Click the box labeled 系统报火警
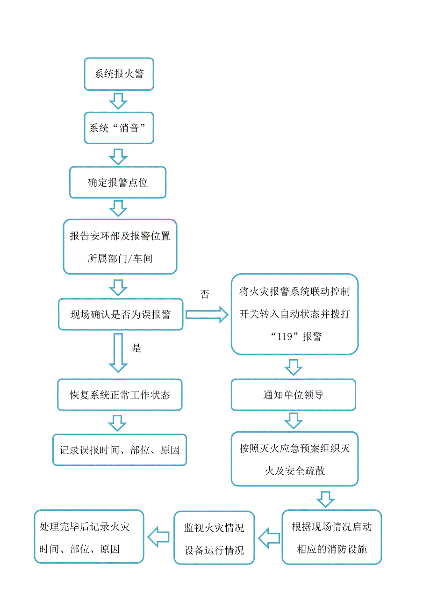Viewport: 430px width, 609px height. click(x=119, y=74)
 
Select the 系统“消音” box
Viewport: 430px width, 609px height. click(x=119, y=128)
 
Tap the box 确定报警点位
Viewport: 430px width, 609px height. click(x=118, y=182)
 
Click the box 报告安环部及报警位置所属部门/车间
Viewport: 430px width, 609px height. click(x=120, y=246)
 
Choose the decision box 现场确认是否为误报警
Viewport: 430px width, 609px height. click(x=121, y=314)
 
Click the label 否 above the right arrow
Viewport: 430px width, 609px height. click(x=205, y=294)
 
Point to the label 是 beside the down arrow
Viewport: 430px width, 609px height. click(x=136, y=348)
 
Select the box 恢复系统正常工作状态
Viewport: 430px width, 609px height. click(x=120, y=395)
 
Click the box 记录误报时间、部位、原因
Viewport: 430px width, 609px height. click(x=120, y=450)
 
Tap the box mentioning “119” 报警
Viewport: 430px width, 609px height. click(x=294, y=314)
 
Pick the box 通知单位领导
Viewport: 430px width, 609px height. click(x=293, y=395)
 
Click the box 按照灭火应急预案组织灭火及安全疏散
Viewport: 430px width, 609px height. click(x=294, y=459)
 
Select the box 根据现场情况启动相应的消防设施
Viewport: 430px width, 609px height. click(x=331, y=537)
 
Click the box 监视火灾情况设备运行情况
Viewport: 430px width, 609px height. click(x=214, y=537)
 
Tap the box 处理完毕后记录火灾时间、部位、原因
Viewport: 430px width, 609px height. click(x=89, y=536)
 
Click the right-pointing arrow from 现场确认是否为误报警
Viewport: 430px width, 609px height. click(x=206, y=314)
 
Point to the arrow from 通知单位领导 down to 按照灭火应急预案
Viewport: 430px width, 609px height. click(x=294, y=420)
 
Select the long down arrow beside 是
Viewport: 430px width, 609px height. click(x=118, y=353)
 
